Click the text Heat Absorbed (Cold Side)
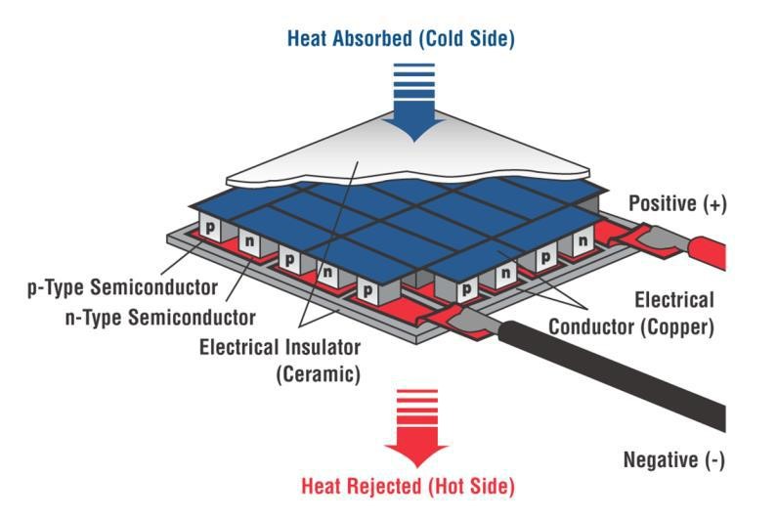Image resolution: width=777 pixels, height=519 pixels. click(401, 38)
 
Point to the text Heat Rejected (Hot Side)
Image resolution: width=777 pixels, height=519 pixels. click(408, 486)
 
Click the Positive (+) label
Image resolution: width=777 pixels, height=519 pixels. click(677, 203)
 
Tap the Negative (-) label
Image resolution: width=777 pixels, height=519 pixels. click(674, 460)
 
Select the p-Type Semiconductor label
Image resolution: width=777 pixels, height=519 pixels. click(122, 287)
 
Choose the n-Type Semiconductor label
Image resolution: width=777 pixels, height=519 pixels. click(160, 318)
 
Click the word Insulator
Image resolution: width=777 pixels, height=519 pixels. click(316, 347)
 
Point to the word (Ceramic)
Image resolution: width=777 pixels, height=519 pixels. click(319, 374)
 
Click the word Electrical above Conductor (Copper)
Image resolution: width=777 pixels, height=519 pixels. click(674, 300)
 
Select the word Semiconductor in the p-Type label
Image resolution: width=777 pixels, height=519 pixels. click(154, 287)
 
